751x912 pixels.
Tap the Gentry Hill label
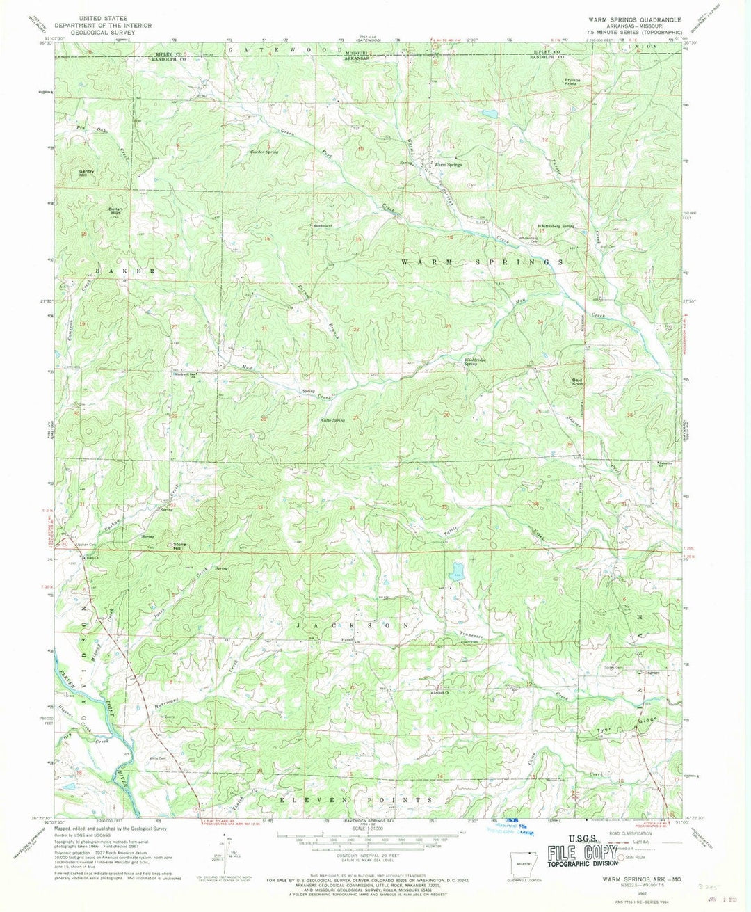coord(87,173)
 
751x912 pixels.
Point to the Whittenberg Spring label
coord(555,226)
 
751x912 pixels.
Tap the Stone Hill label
coord(181,546)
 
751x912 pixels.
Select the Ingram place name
coord(652,673)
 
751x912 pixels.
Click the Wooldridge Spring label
coord(474,362)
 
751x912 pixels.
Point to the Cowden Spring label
coord(264,151)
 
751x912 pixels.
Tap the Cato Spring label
coord(332,420)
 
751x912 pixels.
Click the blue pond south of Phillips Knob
coord(490,112)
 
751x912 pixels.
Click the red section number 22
coord(356,329)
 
